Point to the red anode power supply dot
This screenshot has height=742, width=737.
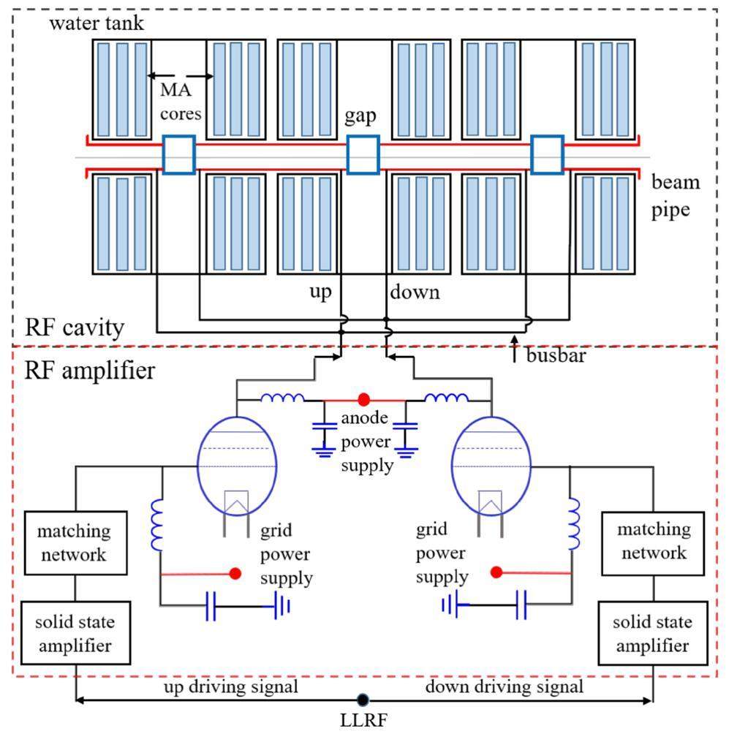pos(363,400)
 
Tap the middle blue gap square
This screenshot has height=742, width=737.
pos(363,154)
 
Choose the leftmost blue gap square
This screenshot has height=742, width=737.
pos(178,154)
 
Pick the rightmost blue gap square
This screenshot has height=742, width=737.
pos(547,154)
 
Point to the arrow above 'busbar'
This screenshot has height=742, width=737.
pos(515,341)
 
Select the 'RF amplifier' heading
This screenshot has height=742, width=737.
pos(90,371)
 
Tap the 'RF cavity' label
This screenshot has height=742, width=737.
pos(74,328)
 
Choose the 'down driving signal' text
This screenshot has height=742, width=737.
pos(504,687)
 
